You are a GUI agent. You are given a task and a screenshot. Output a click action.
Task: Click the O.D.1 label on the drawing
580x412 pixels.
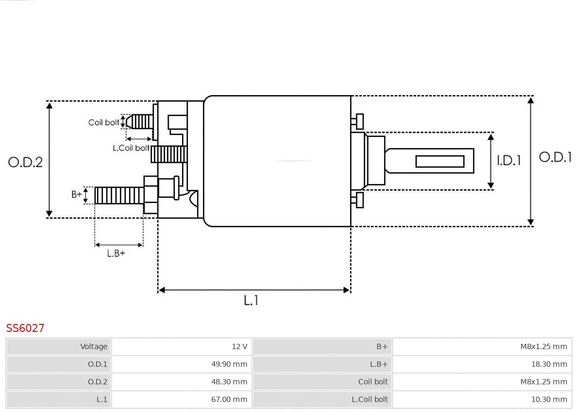pos(555,157)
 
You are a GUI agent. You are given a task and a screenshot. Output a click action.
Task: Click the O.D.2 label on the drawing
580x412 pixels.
pos(25,162)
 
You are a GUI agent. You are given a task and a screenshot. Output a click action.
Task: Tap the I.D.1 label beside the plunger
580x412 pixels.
pos(508,160)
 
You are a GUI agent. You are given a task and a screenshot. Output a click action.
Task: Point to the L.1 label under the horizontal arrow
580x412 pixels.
pos(251,301)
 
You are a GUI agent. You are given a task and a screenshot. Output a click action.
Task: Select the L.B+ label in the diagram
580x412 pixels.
pos(115,254)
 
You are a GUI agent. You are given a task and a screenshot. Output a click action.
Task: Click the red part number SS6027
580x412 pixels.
pos(25,328)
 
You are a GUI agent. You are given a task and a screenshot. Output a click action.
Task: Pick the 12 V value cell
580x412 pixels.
pos(182,346)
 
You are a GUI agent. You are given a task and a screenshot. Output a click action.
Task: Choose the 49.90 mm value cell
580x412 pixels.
pos(182,364)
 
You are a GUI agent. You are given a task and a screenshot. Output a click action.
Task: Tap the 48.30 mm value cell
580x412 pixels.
pos(182,382)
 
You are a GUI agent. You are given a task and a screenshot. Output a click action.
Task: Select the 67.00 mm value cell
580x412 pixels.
pos(182,400)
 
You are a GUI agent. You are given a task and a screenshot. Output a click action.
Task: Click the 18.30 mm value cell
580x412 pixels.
pos(482,364)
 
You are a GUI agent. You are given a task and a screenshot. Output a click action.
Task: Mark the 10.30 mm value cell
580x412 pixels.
pos(482,400)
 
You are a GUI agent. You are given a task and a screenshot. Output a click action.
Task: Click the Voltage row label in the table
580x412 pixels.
pos(59,346)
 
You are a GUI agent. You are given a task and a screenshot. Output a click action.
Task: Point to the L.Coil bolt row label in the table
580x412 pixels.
pos(323,400)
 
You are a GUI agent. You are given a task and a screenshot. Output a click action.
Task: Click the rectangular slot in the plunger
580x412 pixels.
pos(440,161)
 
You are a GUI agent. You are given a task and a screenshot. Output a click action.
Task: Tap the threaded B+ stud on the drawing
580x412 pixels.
pos(119,196)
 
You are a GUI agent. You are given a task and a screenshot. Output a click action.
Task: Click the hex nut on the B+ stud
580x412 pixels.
pos(150,195)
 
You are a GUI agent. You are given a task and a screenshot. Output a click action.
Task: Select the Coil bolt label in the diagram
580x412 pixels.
pos(104,122)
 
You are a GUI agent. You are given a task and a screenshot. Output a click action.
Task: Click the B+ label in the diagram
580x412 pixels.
pos(77,194)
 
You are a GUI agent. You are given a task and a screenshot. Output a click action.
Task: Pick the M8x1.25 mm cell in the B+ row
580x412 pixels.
pos(482,346)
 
